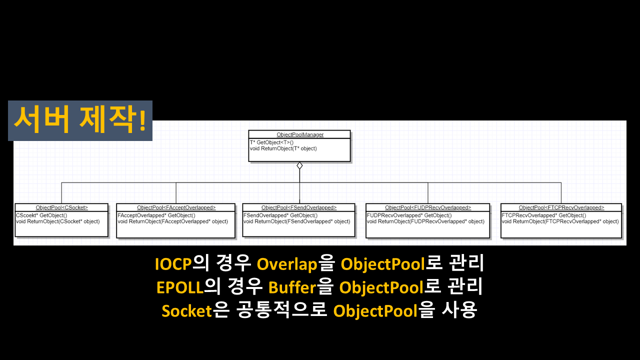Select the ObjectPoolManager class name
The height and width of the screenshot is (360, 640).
coord(300,134)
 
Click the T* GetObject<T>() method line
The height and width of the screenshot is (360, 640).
coord(272,142)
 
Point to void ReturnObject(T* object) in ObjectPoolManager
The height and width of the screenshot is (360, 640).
coord(283,148)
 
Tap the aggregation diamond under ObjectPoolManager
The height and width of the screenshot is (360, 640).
coord(299,165)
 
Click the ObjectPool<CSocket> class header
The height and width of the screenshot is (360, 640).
coord(62,207)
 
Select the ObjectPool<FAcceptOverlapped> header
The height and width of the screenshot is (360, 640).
coord(176,207)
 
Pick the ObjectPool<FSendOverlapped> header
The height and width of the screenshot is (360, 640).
coord(299,207)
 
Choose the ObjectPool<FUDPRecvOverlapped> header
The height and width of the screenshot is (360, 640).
coord(428,207)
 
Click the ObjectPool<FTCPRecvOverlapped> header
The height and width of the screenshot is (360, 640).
coord(561,207)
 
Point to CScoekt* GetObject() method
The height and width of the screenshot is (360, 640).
coord(41,215)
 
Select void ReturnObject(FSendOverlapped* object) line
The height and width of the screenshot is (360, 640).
coord(297,221)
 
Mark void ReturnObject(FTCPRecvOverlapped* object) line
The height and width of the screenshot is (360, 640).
coord(560,221)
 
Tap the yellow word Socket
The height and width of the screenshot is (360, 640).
coord(186,311)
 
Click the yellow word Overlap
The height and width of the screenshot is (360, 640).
coord(287,264)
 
